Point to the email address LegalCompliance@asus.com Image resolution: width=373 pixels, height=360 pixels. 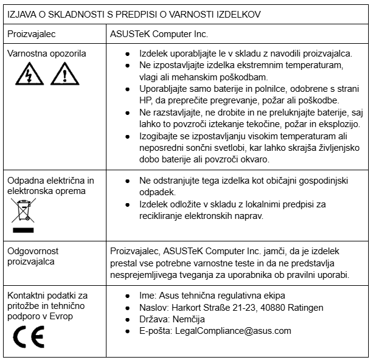[233, 331]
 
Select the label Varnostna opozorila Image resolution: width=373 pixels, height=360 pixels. [46, 54]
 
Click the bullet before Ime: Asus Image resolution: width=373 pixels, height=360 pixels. [127, 296]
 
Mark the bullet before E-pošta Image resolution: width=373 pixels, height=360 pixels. [127, 331]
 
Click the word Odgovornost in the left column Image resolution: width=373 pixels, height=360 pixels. [33, 251]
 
